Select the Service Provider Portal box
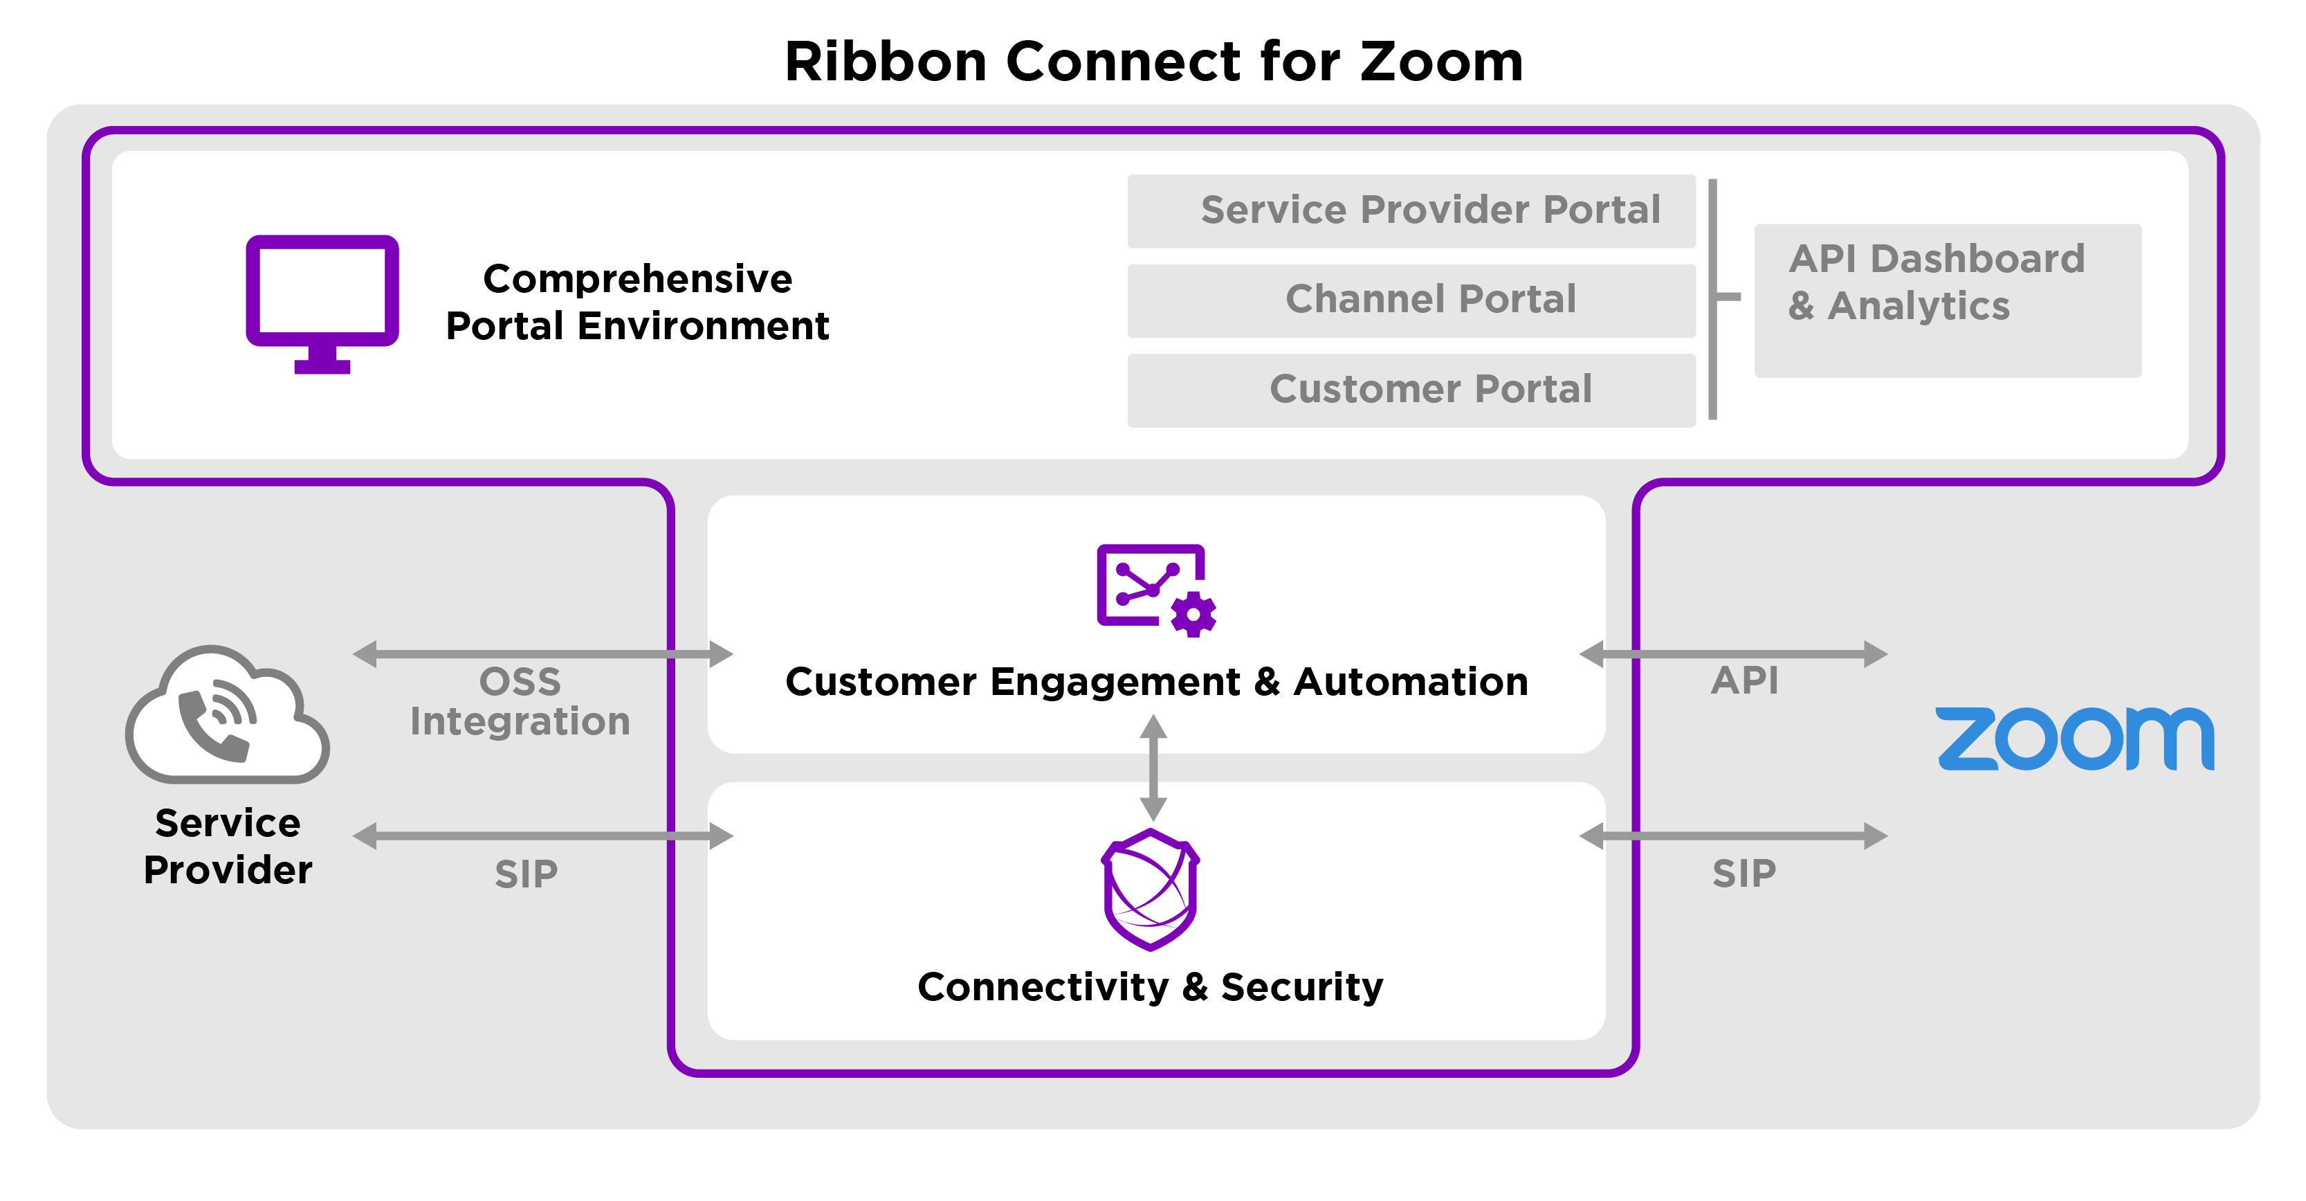pyautogui.click(x=1411, y=210)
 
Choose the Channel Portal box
pyautogui.click(x=1411, y=300)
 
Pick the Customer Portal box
pyautogui.click(x=1411, y=390)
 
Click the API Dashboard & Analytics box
pyautogui.click(x=1947, y=300)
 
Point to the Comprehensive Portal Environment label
pyautogui.click(x=637, y=302)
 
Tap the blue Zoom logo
pyautogui.click(x=2074, y=738)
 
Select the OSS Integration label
pyautogui.click(x=520, y=701)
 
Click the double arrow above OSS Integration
pyautogui.click(x=542, y=653)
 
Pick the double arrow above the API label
pyautogui.click(x=1733, y=653)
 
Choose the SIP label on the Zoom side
pyautogui.click(x=1744, y=873)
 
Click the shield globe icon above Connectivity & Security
pyautogui.click(x=1151, y=888)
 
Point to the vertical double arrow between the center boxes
pyautogui.click(x=1153, y=768)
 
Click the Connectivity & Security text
pyautogui.click(x=1151, y=987)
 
